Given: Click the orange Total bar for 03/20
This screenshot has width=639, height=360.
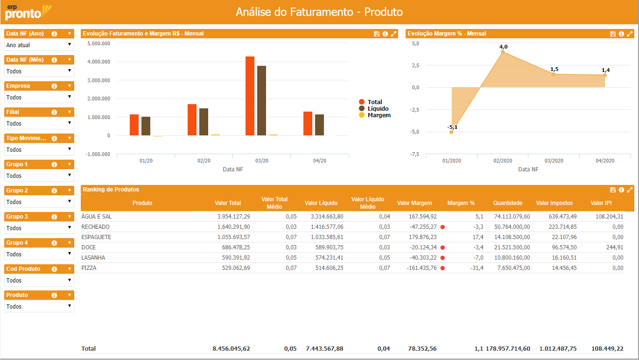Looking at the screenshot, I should pos(250,96).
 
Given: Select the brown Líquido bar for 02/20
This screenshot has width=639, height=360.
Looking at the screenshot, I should pos(204,122).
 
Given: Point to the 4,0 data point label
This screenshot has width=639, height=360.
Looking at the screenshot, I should pos(503,47).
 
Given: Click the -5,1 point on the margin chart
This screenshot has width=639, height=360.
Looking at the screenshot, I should pos(451,132).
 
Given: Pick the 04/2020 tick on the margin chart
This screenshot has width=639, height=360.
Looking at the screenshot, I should pos(605,161).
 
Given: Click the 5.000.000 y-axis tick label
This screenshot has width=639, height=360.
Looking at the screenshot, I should pos(98,43).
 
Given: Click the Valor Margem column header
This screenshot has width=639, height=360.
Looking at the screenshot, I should pos(414,203).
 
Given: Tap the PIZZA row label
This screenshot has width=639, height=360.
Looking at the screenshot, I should pos(89,268).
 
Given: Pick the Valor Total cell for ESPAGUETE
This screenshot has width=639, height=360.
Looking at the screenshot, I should pos(234,237).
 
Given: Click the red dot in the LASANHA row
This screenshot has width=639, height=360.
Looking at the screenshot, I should pos(442,258).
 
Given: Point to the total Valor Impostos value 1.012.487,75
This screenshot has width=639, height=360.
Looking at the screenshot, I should pos(558,349).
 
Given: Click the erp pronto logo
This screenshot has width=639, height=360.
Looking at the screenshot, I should pos(27,12).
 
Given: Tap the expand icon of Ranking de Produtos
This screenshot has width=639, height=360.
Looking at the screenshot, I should pos(630,190).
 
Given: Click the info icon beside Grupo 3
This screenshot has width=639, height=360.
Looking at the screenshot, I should pos(54,217).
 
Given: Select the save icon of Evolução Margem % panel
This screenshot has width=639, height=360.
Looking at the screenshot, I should pos(613,34).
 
